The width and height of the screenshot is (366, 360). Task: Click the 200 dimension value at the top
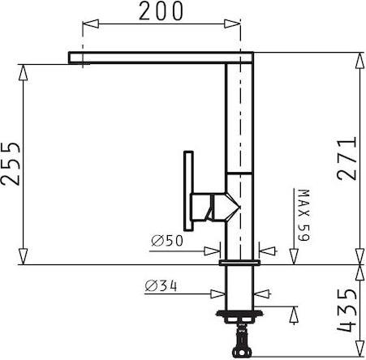pyautogui.click(x=161, y=11)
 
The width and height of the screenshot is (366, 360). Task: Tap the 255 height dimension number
pyautogui.click(x=11, y=164)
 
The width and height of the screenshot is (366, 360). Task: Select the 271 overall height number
pyautogui.click(x=347, y=159)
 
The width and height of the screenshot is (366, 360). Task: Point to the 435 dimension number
pyautogui.click(x=347, y=310)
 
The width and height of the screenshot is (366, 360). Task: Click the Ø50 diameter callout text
pyautogui.click(x=167, y=241)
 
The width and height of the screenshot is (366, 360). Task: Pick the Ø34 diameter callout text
pyautogui.click(x=161, y=286)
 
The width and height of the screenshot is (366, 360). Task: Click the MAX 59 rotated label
pyautogui.click(x=304, y=215)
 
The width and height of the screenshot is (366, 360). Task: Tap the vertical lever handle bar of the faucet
pyautogui.click(x=188, y=191)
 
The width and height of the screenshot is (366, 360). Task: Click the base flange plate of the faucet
pyautogui.click(x=239, y=263)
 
